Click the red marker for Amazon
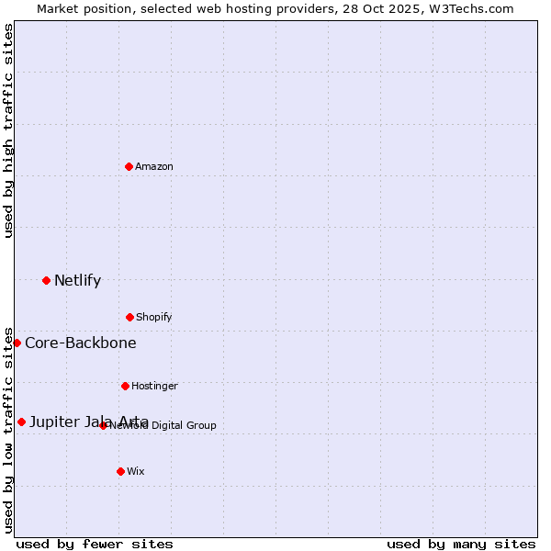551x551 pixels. tap(129, 166)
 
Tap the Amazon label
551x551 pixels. tap(154, 166)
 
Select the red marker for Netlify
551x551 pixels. tap(46, 280)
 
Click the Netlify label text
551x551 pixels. tap(77, 281)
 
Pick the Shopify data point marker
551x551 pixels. tap(129, 317)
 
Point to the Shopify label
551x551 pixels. tap(154, 318)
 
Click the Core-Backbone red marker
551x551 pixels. tap(17, 343)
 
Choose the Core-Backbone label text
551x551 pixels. tap(81, 343)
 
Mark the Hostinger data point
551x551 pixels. tap(125, 386)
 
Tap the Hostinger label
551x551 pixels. tap(154, 387)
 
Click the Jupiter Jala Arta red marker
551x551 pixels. tap(21, 422)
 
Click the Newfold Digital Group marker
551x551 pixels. tap(103, 425)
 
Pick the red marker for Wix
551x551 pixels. tap(120, 471)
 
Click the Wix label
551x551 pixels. tap(136, 472)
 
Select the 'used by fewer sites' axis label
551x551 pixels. tap(95, 544)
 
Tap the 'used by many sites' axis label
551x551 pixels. tap(461, 544)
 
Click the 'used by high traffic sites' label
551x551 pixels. tap(8, 130)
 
